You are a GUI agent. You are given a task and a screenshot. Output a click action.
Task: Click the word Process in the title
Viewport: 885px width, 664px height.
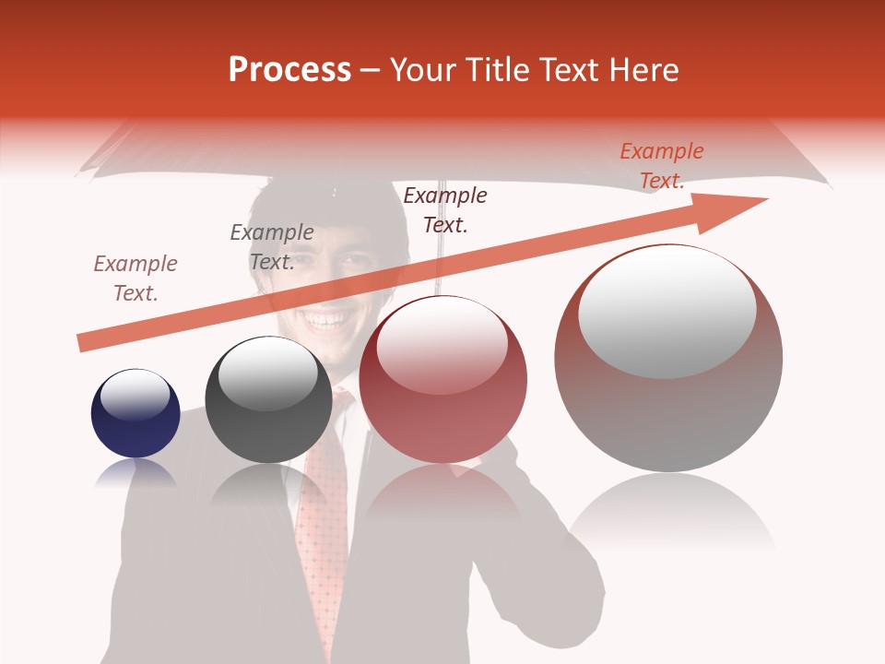click(289, 70)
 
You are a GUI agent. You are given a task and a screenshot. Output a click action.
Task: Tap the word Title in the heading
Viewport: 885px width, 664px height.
click(495, 70)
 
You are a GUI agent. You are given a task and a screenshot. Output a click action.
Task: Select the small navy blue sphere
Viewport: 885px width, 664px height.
click(136, 414)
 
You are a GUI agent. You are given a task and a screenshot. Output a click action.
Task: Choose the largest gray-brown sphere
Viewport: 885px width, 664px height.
click(668, 358)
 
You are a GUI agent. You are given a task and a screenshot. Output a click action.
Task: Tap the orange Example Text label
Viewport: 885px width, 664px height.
click(661, 166)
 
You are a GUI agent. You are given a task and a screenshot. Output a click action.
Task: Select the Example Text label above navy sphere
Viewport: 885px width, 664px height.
click(136, 278)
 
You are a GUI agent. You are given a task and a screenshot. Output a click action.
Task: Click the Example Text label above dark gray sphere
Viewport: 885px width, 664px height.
click(271, 246)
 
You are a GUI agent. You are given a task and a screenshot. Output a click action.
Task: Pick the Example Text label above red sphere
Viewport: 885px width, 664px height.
click(445, 209)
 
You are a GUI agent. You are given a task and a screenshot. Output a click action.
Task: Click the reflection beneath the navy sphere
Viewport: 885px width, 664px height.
click(136, 474)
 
